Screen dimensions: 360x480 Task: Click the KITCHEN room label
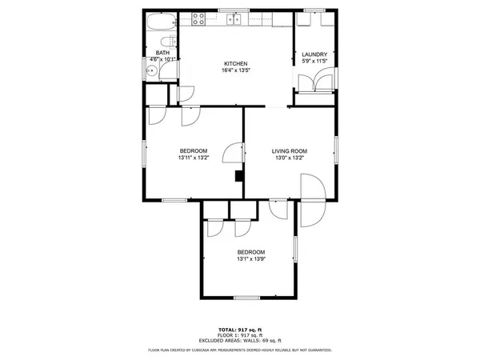[x=235, y=63]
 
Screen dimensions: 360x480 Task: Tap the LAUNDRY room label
[x=314, y=54]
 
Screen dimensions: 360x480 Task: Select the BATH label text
[x=162, y=53]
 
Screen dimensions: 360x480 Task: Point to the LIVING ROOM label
[x=290, y=151]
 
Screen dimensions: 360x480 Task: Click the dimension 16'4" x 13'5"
[x=235, y=70]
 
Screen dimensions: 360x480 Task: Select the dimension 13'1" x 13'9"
[x=250, y=258]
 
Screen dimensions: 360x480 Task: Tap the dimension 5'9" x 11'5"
[x=314, y=61]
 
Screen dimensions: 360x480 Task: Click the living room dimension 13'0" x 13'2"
[x=290, y=158]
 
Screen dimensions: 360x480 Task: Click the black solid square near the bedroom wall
[x=238, y=176]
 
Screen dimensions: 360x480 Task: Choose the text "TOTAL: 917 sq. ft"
[x=240, y=330]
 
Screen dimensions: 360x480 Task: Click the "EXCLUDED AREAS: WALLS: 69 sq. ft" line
[x=240, y=341]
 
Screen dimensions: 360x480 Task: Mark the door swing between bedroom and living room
[x=233, y=152]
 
